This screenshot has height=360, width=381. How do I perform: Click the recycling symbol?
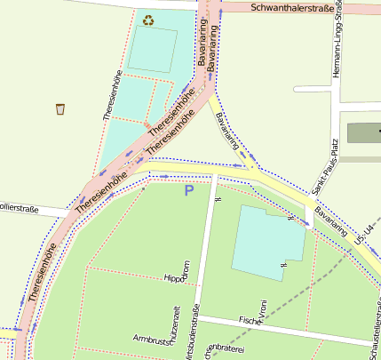pyautogui.click(x=147, y=19)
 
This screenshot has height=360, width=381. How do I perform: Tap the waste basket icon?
pyautogui.click(x=60, y=109)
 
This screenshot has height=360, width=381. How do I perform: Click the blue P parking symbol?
pyautogui.click(x=188, y=190)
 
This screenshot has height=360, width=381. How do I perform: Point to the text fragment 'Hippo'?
pyautogui.click(x=175, y=278)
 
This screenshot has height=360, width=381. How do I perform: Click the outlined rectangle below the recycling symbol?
pyautogui.click(x=152, y=51)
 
